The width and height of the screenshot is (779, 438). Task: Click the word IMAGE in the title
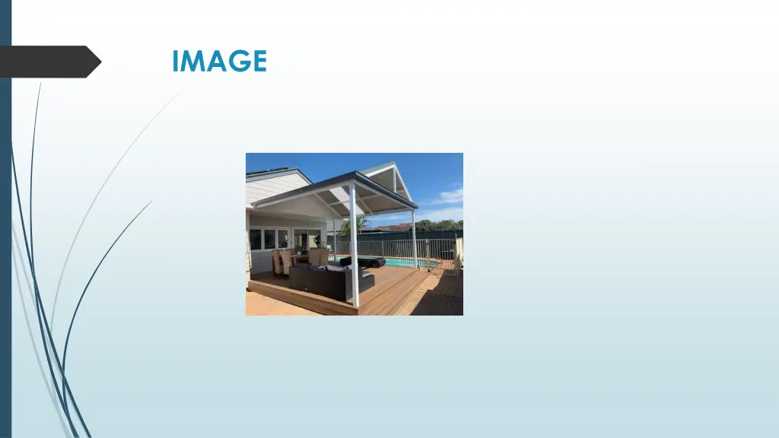click(219, 61)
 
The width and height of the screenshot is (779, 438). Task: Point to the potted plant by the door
click(317, 241)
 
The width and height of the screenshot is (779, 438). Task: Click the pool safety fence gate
click(449, 262)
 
